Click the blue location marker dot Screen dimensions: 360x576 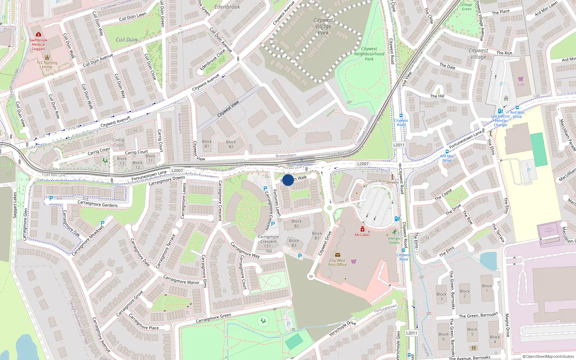pyautogui.click(x=288, y=180)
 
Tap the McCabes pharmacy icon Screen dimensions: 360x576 pyautogui.click(x=363, y=229)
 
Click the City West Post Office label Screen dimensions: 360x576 pyautogui.click(x=337, y=262)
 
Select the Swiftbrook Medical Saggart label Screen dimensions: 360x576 pyautogui.click(x=38, y=44)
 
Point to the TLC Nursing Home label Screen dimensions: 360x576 pyautogui.click(x=47, y=65)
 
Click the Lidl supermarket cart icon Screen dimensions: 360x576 pyautogui.click(x=521, y=79)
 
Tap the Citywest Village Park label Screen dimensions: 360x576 pyautogui.click(x=323, y=26)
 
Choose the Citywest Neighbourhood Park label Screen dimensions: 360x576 pyautogui.click(x=369, y=54)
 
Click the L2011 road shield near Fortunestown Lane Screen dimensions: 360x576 pyautogui.click(x=399, y=145)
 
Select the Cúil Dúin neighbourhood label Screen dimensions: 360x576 pyautogui.click(x=126, y=40)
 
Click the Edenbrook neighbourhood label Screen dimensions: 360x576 pyautogui.click(x=227, y=7)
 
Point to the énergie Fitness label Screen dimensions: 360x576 pyautogui.click(x=394, y=240)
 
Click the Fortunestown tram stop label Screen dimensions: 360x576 pyautogui.click(x=302, y=165)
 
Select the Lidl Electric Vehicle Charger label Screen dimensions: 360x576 pyautogui.click(x=500, y=121)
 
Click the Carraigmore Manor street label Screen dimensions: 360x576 pyautogui.click(x=181, y=280)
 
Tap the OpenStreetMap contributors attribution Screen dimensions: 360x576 pyautogui.click(x=548, y=356)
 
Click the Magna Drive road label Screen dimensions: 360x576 pyautogui.click(x=507, y=325)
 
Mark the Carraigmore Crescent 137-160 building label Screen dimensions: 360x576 pyautogui.click(x=268, y=244)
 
